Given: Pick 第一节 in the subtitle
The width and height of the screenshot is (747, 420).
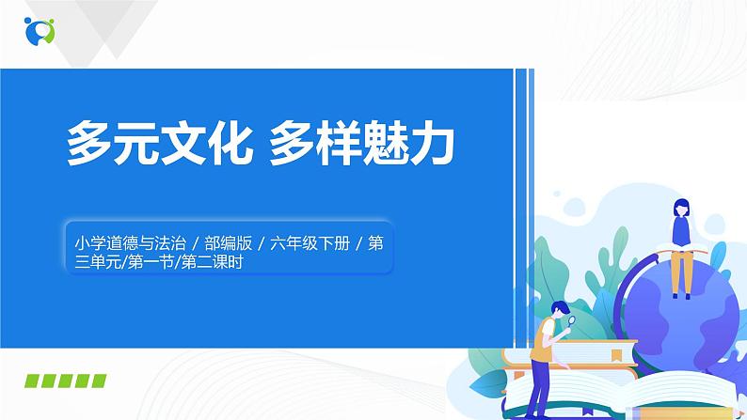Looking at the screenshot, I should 161,264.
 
